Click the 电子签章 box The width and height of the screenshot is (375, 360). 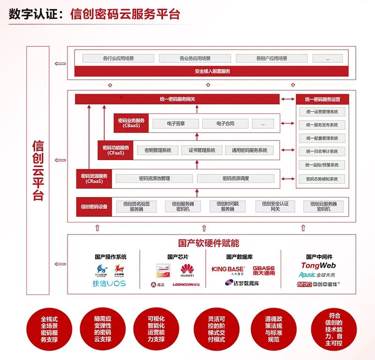click(x=175, y=124)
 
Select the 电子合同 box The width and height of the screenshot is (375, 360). click(x=225, y=124)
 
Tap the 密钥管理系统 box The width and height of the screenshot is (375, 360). click(x=157, y=150)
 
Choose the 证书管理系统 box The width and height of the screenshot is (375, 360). click(x=202, y=150)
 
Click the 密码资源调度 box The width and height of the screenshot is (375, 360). click(x=236, y=178)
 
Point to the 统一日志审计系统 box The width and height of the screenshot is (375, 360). click(x=322, y=152)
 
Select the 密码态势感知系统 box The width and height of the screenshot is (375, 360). click(x=322, y=179)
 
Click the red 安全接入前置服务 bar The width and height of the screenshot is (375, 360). click(x=212, y=71)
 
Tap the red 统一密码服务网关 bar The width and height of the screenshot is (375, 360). click(x=177, y=99)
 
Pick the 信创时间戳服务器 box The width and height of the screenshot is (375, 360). click(x=227, y=206)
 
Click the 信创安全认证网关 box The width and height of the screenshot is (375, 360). click(x=275, y=206)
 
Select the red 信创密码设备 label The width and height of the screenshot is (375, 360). click(x=94, y=206)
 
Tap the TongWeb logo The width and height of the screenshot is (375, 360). click(x=318, y=266)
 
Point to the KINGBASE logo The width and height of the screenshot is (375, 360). click(x=228, y=270)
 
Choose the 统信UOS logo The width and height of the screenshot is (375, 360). click(x=109, y=284)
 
